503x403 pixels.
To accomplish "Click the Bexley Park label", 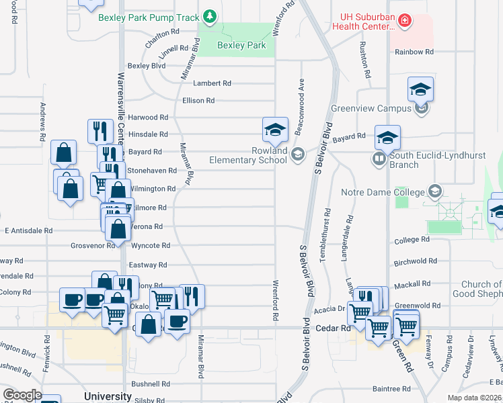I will [x=241, y=46].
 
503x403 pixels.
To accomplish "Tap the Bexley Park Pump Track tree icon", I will [x=210, y=15].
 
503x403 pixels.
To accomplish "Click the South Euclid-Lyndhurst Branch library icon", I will [x=379, y=159].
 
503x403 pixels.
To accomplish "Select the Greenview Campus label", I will [x=371, y=108].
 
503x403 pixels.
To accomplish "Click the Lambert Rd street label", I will [x=212, y=83].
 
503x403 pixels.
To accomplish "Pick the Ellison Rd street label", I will [x=198, y=101].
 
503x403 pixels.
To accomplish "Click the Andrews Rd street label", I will [x=42, y=121].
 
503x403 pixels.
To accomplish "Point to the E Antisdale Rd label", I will [x=28, y=230].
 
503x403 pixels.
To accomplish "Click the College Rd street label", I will [x=412, y=240].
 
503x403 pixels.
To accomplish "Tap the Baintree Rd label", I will [x=391, y=389].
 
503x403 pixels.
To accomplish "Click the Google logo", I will [x=22, y=395].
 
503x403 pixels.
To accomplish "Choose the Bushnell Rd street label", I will [x=151, y=384].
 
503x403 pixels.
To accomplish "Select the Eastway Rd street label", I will [x=148, y=265].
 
